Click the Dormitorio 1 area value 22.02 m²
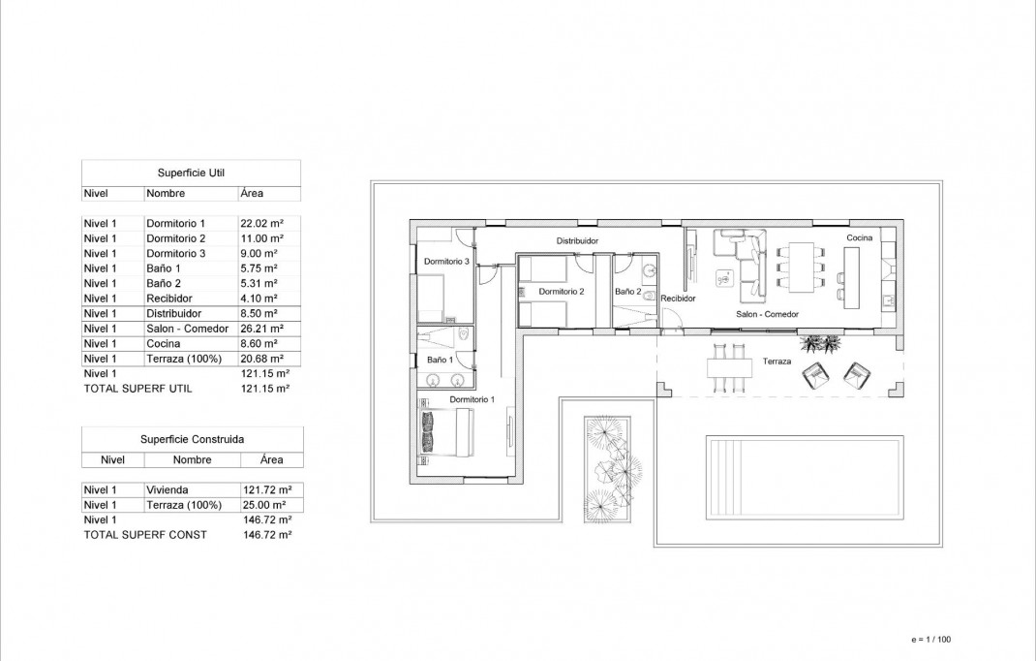coord(261,223)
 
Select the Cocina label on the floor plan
coord(859,237)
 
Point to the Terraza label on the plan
coord(777,362)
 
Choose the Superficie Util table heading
coord(191,173)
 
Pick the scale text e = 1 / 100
coord(931,640)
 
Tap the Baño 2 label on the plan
coord(627,291)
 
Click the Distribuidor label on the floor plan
coord(577,240)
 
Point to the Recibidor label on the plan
coord(679,299)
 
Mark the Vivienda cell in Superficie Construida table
coord(167,489)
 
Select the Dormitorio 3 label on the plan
coord(446,262)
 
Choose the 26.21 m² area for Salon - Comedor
coord(260,329)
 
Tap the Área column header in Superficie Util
coord(251,193)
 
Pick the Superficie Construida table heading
coord(192,438)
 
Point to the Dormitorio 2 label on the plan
coord(562,291)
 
